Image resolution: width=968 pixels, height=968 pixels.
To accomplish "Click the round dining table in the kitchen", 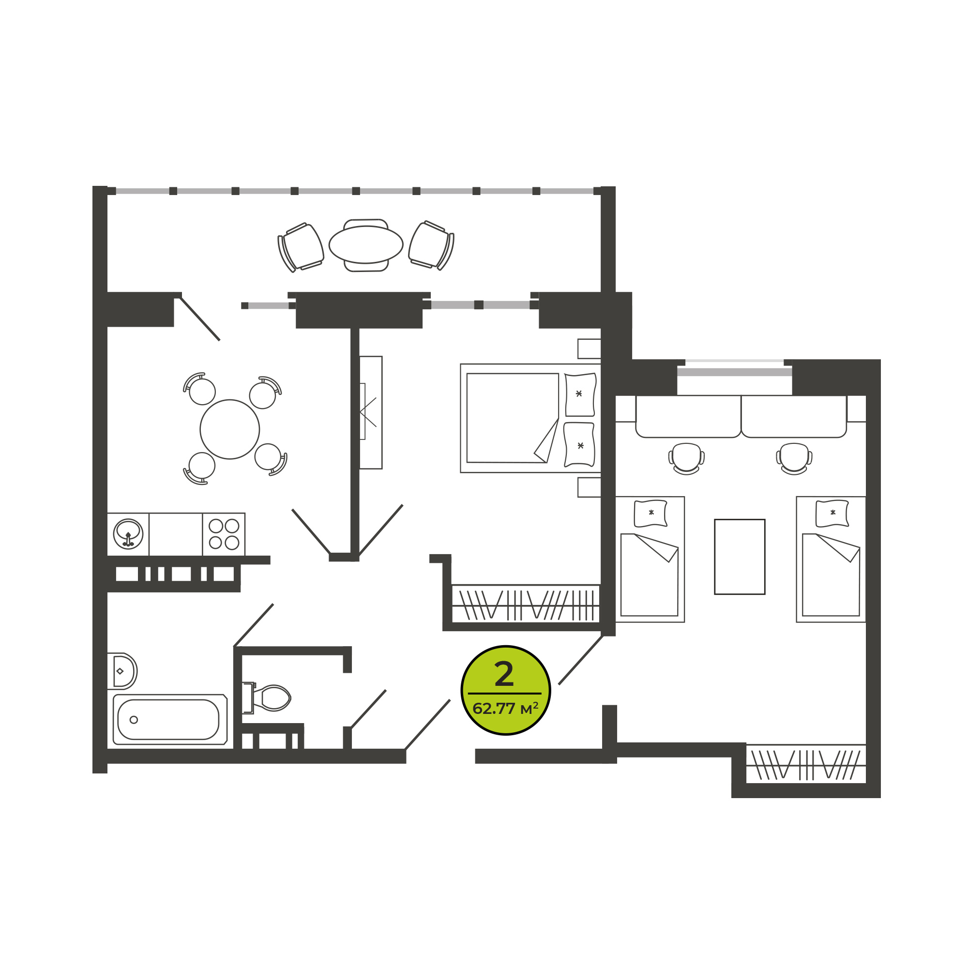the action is (x=229, y=429).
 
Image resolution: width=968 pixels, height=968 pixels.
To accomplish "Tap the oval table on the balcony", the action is (x=366, y=244).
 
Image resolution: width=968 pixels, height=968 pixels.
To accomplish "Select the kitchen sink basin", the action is (x=128, y=534).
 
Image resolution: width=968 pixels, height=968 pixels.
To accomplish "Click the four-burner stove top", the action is (x=224, y=534).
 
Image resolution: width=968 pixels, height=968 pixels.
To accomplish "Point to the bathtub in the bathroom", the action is (x=170, y=720).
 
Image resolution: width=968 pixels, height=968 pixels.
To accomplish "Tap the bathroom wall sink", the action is (x=122, y=671).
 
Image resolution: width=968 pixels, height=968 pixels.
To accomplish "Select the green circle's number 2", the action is (x=504, y=674).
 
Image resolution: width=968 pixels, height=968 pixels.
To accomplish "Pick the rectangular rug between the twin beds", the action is (x=740, y=557).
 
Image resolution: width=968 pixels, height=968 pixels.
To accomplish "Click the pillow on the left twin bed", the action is (x=651, y=514).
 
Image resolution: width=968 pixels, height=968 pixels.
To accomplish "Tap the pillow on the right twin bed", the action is (x=832, y=514).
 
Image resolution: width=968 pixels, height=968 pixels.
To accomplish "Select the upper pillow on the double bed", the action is (x=581, y=395).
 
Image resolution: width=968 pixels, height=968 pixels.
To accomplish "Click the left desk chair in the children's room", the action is (x=686, y=458).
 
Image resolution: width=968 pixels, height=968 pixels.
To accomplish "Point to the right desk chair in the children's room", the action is (x=794, y=458).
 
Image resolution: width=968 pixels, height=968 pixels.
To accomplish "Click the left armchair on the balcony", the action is (x=301, y=247).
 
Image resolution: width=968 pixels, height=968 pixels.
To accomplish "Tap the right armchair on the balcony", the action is (x=431, y=245).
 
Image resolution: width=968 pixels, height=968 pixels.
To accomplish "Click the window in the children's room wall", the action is (x=735, y=370).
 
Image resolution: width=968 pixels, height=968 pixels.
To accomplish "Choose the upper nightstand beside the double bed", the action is (x=589, y=348).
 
